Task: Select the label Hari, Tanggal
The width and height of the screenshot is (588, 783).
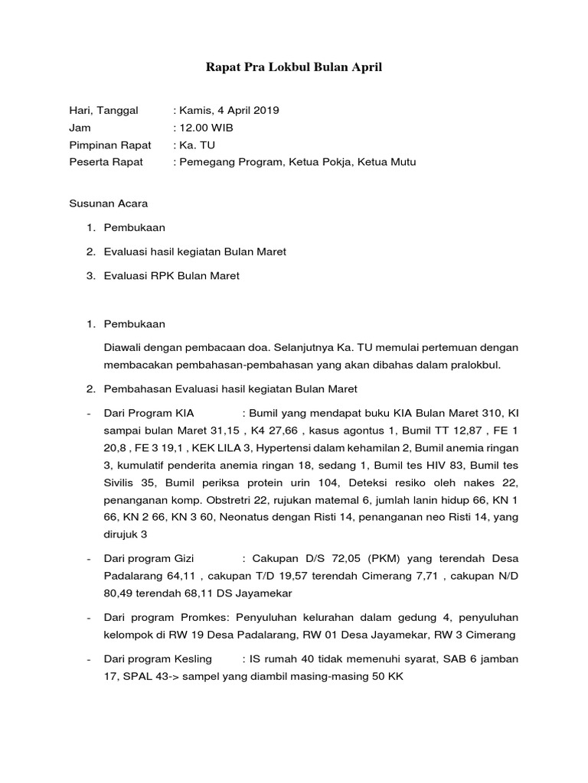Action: pos(103,110)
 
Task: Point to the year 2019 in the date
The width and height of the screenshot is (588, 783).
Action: pos(267,110)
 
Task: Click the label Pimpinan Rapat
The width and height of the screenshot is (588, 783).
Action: pos(110,145)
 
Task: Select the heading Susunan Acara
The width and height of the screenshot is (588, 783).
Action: pos(108,204)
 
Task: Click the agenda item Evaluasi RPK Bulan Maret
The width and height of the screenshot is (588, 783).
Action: pos(171,275)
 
